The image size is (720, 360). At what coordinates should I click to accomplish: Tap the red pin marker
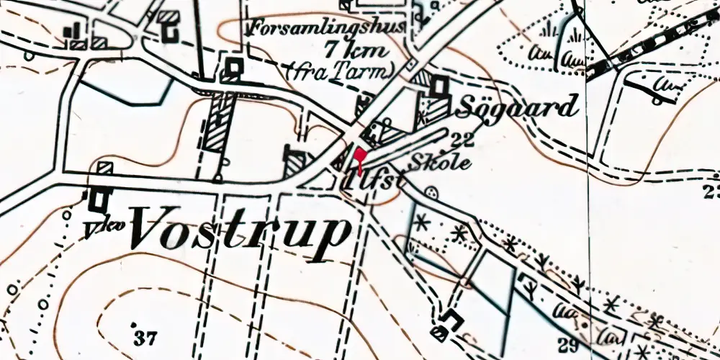pyautogui.click(x=361, y=158)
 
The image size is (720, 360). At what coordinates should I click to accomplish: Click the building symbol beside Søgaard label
pyautogui.click(x=437, y=87)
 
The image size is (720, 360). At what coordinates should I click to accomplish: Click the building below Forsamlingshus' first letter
pyautogui.click(x=234, y=68)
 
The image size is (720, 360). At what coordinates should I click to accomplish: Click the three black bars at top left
pyautogui.click(x=73, y=30)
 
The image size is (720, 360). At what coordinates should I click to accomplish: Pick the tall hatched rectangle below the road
pyautogui.click(x=217, y=123)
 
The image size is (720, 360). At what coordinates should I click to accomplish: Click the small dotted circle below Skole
pyautogui.click(x=431, y=193)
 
